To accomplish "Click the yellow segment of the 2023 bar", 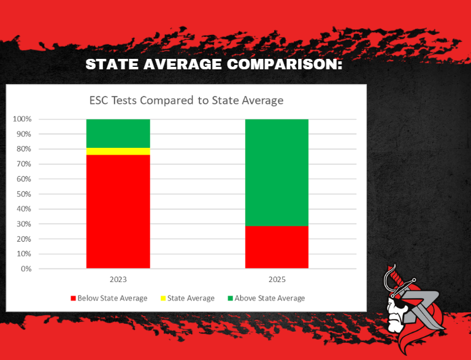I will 118,151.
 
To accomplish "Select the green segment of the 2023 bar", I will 118,133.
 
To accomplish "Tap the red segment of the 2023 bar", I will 118,212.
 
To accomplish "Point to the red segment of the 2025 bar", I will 277,247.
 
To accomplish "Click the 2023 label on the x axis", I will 118,280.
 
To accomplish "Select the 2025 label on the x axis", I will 277,280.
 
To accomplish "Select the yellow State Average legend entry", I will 187,298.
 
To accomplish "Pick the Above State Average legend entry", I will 266,298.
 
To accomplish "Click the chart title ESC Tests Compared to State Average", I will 186,100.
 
